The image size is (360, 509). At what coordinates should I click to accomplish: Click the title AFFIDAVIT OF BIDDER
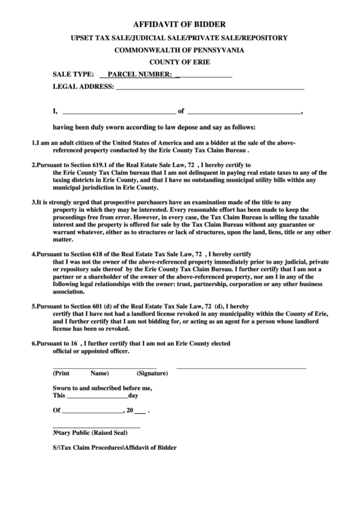click(x=179, y=23)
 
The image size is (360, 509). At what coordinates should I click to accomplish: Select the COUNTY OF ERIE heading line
click(x=179, y=62)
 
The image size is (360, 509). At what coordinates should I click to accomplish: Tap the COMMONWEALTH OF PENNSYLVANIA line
click(x=179, y=50)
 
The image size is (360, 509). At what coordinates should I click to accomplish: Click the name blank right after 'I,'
click(x=118, y=112)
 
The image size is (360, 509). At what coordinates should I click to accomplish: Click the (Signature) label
click(x=152, y=374)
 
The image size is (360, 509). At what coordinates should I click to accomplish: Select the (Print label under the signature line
click(x=62, y=374)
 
